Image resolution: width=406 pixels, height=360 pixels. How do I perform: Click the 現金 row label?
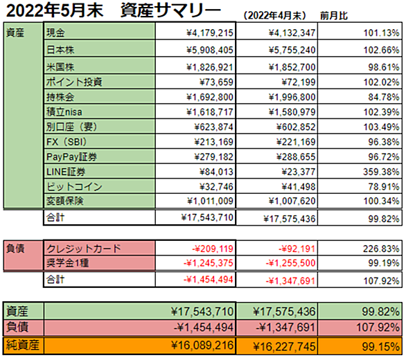pyautogui.click(x=55, y=33)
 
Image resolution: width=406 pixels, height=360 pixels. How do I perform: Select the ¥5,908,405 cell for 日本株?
pyautogui.click(x=210, y=50)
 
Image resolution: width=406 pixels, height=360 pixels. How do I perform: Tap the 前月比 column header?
pyautogui.click(x=334, y=16)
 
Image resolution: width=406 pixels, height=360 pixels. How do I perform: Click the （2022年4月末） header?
pyautogui.click(x=275, y=16)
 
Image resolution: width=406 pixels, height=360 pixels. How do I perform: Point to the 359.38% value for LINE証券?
pyautogui.click(x=381, y=172)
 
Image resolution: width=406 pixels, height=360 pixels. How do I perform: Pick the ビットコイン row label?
pyautogui.click(x=74, y=187)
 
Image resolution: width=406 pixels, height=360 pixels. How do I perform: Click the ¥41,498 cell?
pyautogui.click(x=299, y=187)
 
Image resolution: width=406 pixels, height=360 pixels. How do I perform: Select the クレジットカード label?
pyautogui.click(x=84, y=249)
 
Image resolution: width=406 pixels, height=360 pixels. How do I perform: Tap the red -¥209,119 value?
pyautogui.click(x=213, y=249)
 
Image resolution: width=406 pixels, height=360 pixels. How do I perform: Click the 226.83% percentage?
pyautogui.click(x=381, y=249)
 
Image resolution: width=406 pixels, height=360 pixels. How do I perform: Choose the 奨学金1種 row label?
pyautogui.click(x=68, y=263)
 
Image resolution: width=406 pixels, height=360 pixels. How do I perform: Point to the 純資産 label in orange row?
pyautogui.click(x=23, y=345)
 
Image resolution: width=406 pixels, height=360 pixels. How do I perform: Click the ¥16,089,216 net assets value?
pyautogui.click(x=202, y=345)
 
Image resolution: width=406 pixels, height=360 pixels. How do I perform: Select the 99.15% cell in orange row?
pyautogui.click(x=380, y=347)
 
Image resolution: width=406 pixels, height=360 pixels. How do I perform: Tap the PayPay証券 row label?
pyautogui.click(x=72, y=157)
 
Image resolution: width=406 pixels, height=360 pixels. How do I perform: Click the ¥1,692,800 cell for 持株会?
pyautogui.click(x=210, y=98)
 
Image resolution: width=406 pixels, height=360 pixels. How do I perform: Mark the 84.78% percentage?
pyautogui.click(x=384, y=98)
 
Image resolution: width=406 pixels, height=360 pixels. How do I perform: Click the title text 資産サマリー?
pyautogui.click(x=171, y=10)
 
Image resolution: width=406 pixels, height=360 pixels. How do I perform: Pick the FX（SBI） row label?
pyautogui.click(x=67, y=142)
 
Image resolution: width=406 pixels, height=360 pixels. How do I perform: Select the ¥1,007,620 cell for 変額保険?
pyautogui.click(x=292, y=201)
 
